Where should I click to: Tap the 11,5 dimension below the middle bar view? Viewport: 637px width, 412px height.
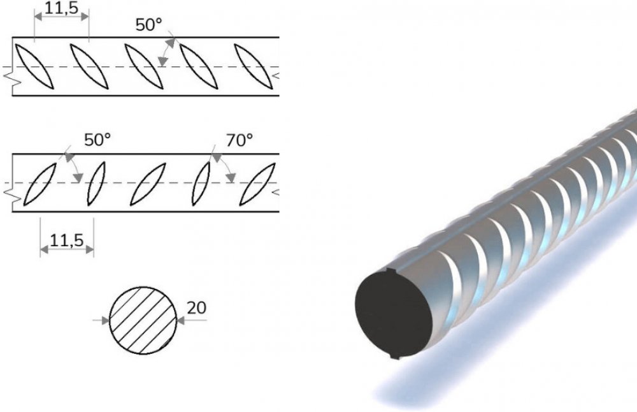[x=67, y=240]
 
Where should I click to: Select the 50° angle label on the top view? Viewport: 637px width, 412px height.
[x=148, y=25]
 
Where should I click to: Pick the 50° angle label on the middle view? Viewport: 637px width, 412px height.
[x=97, y=140]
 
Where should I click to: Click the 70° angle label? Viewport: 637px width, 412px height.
[x=240, y=140]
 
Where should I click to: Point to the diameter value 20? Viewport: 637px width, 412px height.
[x=196, y=308]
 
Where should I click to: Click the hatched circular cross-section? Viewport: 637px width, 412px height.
[x=143, y=320]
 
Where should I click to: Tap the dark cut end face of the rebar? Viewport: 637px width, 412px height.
[x=394, y=314]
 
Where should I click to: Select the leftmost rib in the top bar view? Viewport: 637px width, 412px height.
[x=34, y=66]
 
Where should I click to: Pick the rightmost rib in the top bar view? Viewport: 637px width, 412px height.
[x=254, y=66]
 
